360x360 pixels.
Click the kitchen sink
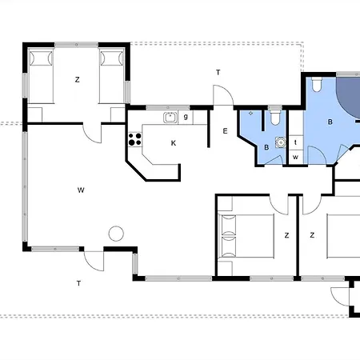tap(170, 118)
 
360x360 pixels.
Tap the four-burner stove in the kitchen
tap(135, 139)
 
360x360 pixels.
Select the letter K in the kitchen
tap(174, 143)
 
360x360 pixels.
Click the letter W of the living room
tap(81, 190)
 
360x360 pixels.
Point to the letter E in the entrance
tap(225, 131)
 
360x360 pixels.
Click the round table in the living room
tap(116, 234)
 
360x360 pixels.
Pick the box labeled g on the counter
tap(186, 118)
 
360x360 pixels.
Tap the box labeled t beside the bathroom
tap(296, 142)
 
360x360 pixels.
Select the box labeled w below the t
tap(296, 157)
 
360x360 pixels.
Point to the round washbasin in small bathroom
tap(281, 142)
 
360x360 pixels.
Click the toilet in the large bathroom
tap(317, 84)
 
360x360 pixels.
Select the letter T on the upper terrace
tap(218, 72)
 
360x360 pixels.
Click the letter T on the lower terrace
tap(78, 283)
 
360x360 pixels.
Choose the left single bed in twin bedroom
tap(41, 76)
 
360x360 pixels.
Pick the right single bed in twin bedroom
tap(112, 76)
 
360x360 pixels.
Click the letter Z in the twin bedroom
tap(78, 79)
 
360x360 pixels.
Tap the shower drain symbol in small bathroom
tap(250, 114)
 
